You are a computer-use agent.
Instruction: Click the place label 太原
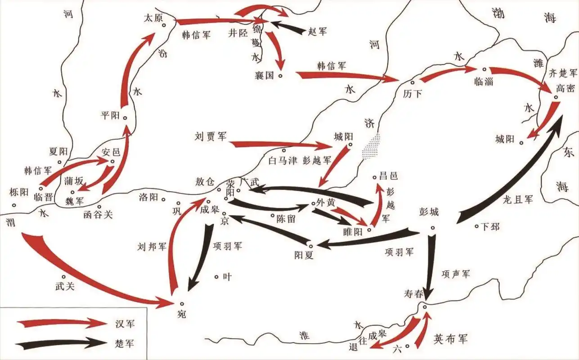tap(152, 18)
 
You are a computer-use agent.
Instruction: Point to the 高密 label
tap(565, 88)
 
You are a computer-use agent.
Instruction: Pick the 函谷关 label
tap(98, 215)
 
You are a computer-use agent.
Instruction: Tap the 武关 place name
tap(64, 285)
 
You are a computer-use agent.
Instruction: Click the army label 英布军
tap(450, 338)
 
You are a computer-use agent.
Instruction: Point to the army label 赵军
tap(318, 31)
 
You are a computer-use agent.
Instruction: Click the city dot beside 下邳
tap(477, 226)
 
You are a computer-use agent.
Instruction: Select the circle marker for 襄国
tap(280, 76)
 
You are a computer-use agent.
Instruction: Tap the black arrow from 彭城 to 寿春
tap(431, 265)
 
